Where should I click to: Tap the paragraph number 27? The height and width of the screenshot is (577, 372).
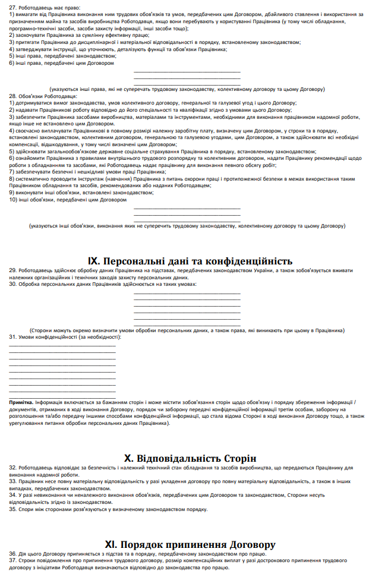tap(12, 7)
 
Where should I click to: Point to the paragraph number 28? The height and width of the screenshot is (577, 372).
tap(12, 96)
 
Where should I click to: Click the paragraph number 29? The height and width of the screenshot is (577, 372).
tap(12, 271)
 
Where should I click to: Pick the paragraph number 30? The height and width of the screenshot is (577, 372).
tap(12, 284)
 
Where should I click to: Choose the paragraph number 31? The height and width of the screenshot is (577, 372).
tap(12, 337)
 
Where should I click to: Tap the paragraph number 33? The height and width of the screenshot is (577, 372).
tap(12, 481)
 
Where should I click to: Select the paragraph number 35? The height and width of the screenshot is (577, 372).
tap(12, 509)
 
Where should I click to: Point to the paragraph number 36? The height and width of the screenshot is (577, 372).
tap(12, 554)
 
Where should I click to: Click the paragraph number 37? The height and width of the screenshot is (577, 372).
tap(12, 560)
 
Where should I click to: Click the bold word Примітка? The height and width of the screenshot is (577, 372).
tap(21, 402)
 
